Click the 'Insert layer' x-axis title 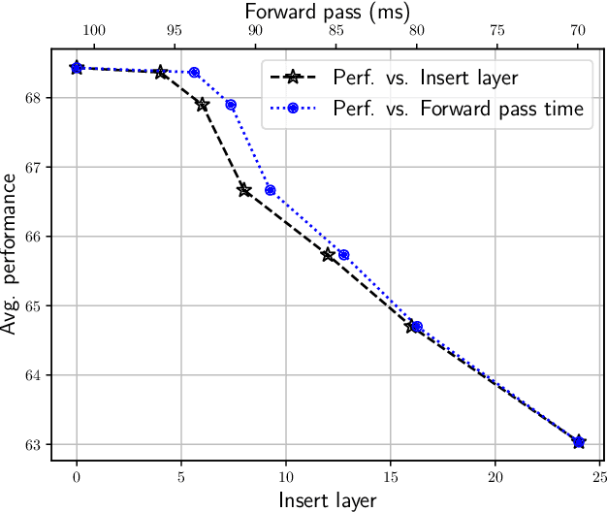tap(327, 500)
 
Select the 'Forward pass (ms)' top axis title tap(327, 11)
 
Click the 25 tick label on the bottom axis tap(599, 477)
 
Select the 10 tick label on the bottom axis tap(286, 477)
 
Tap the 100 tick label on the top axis tap(93, 30)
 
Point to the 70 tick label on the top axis tap(578, 30)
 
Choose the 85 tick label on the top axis tap(335, 30)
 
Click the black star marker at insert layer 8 tap(244, 190)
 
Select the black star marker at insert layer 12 tap(328, 255)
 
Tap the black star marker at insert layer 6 tap(202, 104)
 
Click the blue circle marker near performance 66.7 tap(270, 190)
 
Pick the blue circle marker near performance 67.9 tap(231, 105)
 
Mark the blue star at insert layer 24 tap(579, 442)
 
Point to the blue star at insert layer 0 tap(77, 68)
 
